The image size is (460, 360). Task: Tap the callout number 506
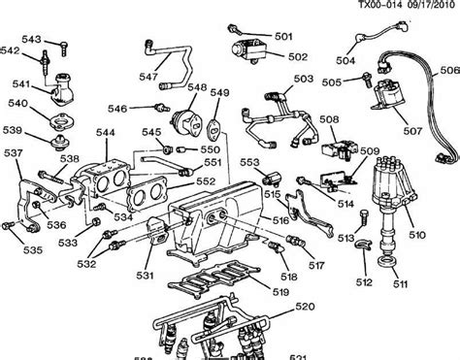click(x=448, y=71)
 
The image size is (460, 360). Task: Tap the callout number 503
click(x=304, y=78)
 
